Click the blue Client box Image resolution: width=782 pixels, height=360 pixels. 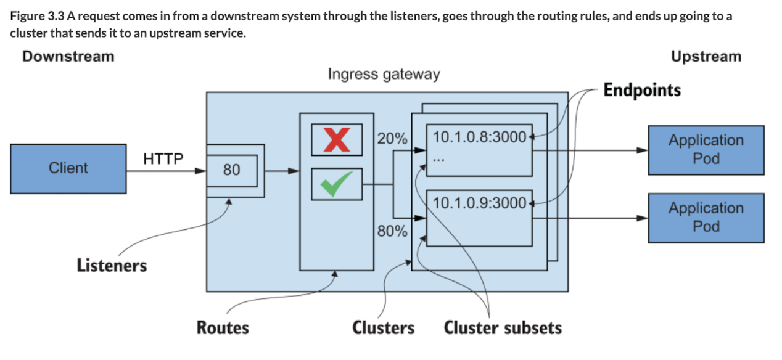[68, 168]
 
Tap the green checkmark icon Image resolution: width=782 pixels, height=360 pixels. [336, 184]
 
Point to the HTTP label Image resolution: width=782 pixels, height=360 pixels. [163, 159]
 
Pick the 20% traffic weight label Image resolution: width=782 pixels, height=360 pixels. [392, 139]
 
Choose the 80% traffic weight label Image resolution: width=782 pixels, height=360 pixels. [392, 232]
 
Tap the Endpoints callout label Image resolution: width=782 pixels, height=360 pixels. [642, 90]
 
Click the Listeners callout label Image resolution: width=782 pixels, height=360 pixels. [112, 266]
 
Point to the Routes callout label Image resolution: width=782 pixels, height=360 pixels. [223, 327]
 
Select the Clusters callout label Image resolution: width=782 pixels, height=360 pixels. [383, 327]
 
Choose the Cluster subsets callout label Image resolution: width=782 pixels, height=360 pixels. [503, 327]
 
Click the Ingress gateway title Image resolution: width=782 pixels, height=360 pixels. [384, 75]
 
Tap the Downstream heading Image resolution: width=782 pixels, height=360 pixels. [68, 57]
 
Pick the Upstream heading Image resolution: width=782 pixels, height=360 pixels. [706, 57]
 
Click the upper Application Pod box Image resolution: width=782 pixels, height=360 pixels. [706, 150]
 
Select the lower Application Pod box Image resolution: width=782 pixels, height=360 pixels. [706, 218]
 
